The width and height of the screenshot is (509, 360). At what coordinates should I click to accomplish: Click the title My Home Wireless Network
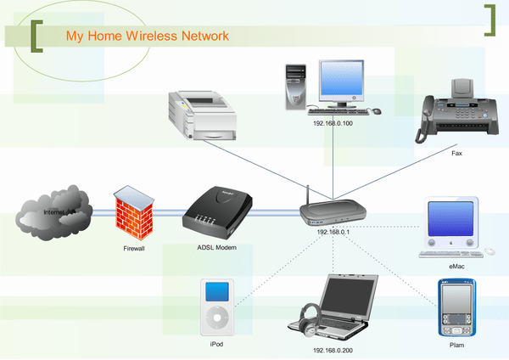click(x=148, y=37)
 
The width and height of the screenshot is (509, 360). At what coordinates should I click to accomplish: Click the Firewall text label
click(x=134, y=250)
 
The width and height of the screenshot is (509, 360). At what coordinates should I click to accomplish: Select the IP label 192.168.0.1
click(x=333, y=231)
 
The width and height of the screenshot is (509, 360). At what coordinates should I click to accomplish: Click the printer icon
click(x=200, y=114)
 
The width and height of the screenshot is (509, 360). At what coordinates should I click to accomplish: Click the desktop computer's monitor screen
click(x=343, y=82)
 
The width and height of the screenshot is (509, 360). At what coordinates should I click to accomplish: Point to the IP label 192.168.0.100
click(x=333, y=123)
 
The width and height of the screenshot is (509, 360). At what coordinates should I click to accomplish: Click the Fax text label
click(x=456, y=155)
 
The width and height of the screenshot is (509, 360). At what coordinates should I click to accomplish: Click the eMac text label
click(x=456, y=267)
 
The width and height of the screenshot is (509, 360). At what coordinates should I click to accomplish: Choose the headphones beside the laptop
click(x=308, y=319)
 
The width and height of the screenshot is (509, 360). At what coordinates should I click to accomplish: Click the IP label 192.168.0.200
click(x=332, y=349)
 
